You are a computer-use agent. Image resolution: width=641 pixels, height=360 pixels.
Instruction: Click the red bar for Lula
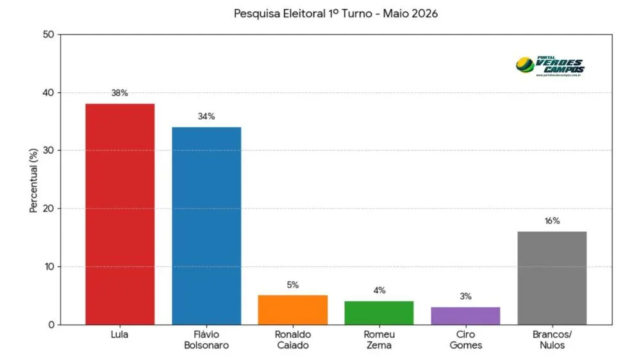(120, 214)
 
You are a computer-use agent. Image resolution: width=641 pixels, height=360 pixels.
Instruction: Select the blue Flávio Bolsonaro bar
(206, 226)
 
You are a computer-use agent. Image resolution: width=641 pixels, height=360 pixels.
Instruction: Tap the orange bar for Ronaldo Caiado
(293, 310)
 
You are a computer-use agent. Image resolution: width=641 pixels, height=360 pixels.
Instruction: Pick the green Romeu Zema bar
(379, 313)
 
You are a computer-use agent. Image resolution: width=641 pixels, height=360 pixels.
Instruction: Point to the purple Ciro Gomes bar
(465, 316)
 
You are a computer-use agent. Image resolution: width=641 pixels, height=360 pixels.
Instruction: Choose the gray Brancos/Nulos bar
(552, 278)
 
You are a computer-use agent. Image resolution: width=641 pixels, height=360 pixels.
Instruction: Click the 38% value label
(120, 93)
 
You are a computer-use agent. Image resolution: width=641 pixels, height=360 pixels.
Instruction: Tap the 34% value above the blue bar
(206, 117)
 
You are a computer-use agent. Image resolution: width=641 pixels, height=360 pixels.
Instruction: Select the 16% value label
(552, 221)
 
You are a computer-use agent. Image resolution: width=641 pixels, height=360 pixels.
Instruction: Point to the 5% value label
(293, 285)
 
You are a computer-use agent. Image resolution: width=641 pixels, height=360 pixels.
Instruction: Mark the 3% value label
(465, 296)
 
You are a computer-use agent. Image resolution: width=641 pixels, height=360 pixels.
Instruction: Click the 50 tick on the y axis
(48, 35)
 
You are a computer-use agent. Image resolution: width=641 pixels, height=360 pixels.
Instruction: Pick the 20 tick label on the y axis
(48, 208)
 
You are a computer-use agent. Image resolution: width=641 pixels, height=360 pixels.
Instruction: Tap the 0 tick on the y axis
(51, 325)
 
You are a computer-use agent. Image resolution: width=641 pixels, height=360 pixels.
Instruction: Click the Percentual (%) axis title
(33, 180)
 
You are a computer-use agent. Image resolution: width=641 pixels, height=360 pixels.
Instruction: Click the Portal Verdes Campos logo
(550, 66)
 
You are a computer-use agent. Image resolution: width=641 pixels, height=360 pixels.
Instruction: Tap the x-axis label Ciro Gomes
(465, 340)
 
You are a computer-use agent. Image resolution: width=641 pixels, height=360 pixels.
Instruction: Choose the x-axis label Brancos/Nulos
(552, 340)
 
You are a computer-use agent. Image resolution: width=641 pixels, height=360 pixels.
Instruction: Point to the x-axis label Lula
(119, 334)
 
